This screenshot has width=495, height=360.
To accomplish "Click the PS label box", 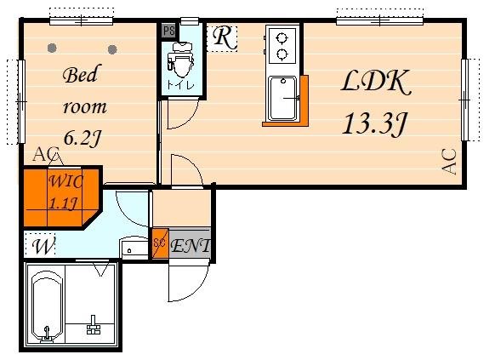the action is pyautogui.click(x=168, y=31).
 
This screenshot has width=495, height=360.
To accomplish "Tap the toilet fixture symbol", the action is pyautogui.click(x=180, y=60).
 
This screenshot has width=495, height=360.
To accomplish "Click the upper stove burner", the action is pyautogui.click(x=282, y=38).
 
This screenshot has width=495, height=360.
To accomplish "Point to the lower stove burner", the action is pyautogui.click(x=282, y=54).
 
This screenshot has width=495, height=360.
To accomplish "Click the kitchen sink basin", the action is pyautogui.click(x=283, y=99).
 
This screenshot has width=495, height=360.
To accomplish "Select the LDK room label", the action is pyautogui.click(x=376, y=82).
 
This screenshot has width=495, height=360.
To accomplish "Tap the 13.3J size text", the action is pyautogui.click(x=374, y=124).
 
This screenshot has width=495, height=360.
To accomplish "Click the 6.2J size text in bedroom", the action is pyautogui.click(x=82, y=138).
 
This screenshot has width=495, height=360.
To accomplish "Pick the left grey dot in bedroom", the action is pyautogui.click(x=52, y=48).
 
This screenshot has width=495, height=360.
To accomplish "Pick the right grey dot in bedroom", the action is pyautogui.click(x=112, y=49).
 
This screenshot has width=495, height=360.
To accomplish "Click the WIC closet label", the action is pyautogui.click(x=66, y=181).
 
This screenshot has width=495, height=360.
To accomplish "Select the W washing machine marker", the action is pyautogui.click(x=43, y=245).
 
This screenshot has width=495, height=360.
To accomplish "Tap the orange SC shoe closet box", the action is pyautogui.click(x=161, y=243).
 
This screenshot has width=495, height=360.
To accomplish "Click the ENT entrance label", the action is pyautogui.click(x=191, y=246).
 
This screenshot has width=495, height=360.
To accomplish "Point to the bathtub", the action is pyautogui.click(x=47, y=306).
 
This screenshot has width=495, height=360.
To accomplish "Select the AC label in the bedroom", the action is pyautogui.click(x=47, y=154).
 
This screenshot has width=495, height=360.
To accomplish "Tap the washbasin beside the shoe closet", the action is pyautogui.click(x=134, y=248).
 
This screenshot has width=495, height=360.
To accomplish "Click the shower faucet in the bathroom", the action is pyautogui.click(x=93, y=324).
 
